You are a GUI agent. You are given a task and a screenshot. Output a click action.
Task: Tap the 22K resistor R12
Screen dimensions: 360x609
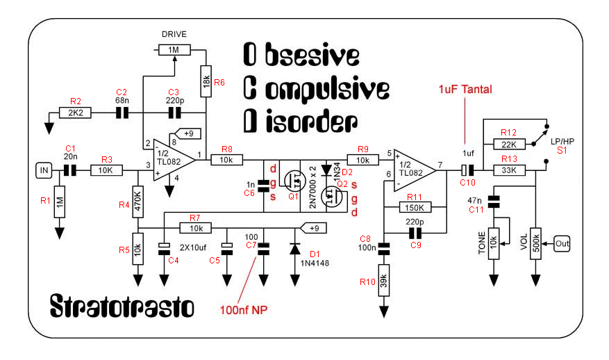(x=509, y=144)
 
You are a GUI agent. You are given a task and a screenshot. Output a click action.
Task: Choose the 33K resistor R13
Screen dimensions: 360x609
(x=509, y=170)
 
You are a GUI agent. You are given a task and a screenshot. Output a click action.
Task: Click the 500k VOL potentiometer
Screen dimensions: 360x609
(x=535, y=243)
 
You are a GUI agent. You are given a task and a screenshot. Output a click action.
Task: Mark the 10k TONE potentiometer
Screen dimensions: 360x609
(x=494, y=243)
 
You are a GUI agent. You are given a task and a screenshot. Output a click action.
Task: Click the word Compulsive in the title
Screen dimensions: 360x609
(x=316, y=88)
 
